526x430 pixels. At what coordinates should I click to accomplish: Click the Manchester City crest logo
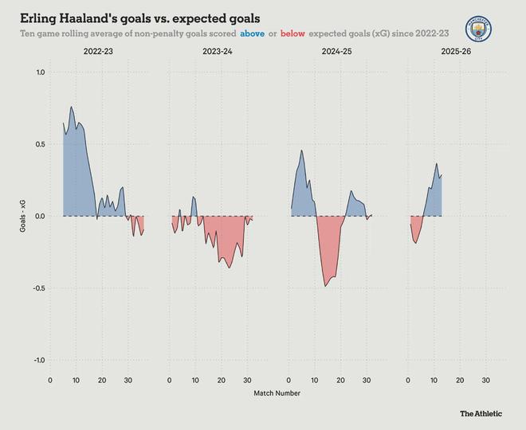pos(478,28)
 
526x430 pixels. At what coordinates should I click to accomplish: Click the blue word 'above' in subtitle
pos(253,34)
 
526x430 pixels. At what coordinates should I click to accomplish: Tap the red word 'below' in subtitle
pos(292,34)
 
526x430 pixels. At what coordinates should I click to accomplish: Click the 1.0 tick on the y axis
pos(40,72)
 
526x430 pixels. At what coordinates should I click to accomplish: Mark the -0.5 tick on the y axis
pos(38,288)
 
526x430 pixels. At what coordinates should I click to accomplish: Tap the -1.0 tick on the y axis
pos(38,360)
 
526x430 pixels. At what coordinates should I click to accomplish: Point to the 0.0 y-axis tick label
pos(40,216)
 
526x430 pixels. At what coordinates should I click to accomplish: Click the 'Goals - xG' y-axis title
pos(24,217)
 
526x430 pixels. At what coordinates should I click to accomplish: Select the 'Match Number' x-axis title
pos(277,393)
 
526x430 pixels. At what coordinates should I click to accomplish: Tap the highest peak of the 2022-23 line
pos(72,107)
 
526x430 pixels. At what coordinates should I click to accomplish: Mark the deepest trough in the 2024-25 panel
pos(326,286)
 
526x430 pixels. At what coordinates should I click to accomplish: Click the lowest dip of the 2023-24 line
pos(230,268)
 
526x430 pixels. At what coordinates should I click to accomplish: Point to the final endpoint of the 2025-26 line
pos(442,175)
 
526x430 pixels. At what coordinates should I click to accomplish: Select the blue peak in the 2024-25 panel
pos(301,150)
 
